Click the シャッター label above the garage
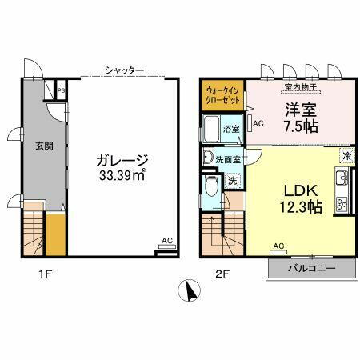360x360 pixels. [x=124, y=70]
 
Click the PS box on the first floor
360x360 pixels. [x=61, y=90]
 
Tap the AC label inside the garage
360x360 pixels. [x=166, y=240]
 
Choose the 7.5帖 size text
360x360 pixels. [x=298, y=127]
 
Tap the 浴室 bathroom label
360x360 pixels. [x=232, y=128]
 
